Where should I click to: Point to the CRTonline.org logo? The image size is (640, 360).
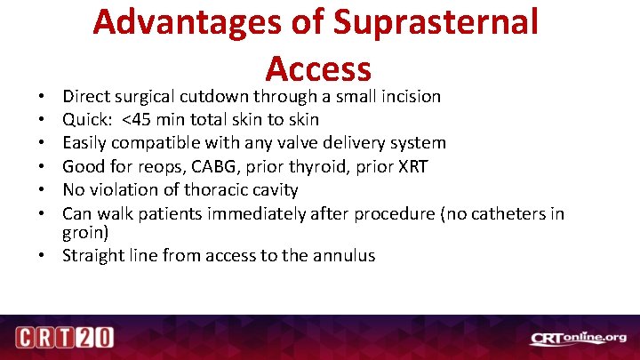tap(578, 338)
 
